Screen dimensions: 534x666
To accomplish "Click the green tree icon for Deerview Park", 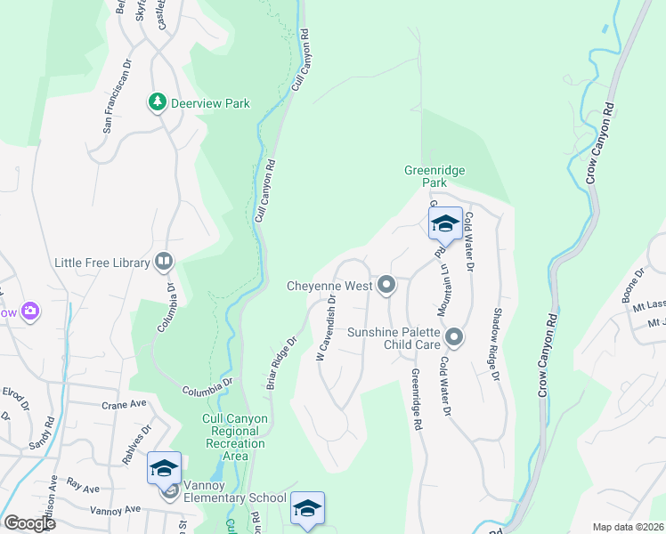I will (x=158, y=103).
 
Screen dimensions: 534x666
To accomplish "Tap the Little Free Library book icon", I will (x=164, y=261).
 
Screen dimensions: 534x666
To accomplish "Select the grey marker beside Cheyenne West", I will (x=386, y=286).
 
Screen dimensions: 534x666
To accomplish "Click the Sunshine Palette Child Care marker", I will (x=455, y=336).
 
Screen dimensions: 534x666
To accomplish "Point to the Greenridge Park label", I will (x=435, y=176).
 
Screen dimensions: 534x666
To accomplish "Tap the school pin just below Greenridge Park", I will (x=444, y=225).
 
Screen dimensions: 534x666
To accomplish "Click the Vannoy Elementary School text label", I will (x=234, y=498).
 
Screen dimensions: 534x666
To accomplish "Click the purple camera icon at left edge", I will (x=30, y=311).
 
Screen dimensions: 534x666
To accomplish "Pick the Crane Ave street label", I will (x=123, y=403).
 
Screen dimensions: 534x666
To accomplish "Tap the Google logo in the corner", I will (x=28, y=523).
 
